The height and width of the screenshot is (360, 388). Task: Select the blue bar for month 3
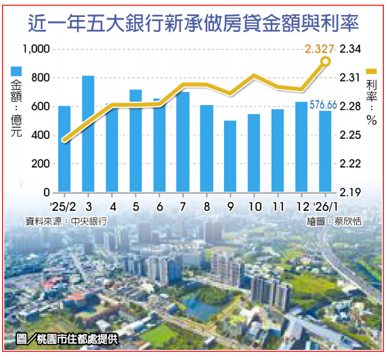(88, 134)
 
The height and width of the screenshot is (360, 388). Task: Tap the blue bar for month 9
(230, 157)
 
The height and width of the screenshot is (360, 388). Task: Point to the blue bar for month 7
(183, 142)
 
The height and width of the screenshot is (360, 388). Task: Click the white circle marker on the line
(326, 62)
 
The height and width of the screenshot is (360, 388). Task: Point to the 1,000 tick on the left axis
(37, 49)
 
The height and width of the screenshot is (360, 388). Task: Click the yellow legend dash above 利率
(372, 71)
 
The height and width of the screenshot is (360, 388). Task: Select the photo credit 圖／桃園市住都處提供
(66, 340)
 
